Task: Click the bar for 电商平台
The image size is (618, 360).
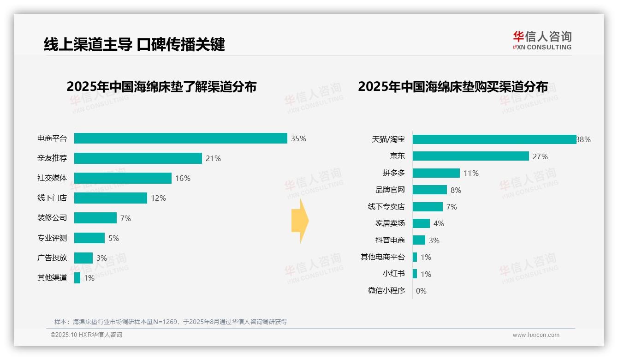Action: coord(181,138)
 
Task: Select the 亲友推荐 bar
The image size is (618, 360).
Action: coord(138,158)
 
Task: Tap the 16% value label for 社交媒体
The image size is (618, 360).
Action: coord(183,178)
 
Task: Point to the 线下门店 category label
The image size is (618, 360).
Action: coord(52,198)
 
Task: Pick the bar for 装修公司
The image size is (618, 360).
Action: coord(95,218)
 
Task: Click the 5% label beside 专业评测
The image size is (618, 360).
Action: coord(113,238)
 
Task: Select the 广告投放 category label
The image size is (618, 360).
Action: coord(52,258)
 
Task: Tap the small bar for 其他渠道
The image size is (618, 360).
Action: coord(77,278)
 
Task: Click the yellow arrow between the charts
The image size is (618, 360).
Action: coord(300,221)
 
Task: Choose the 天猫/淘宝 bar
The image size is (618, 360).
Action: coord(494,139)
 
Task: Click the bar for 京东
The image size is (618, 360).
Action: coord(470,156)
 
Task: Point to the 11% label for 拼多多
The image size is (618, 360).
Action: coord(471,173)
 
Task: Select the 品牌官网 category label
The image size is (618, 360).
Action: coord(390,190)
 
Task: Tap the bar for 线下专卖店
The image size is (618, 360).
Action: coord(428,207)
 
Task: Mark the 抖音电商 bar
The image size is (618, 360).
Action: coord(419,240)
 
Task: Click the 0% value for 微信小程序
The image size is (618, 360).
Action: coord(421,291)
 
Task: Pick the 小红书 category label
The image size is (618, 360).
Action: coord(393,274)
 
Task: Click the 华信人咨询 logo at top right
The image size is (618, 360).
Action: coord(542,40)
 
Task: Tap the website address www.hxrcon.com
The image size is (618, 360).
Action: coord(536,335)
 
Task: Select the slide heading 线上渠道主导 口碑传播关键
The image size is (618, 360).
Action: coord(134,44)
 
